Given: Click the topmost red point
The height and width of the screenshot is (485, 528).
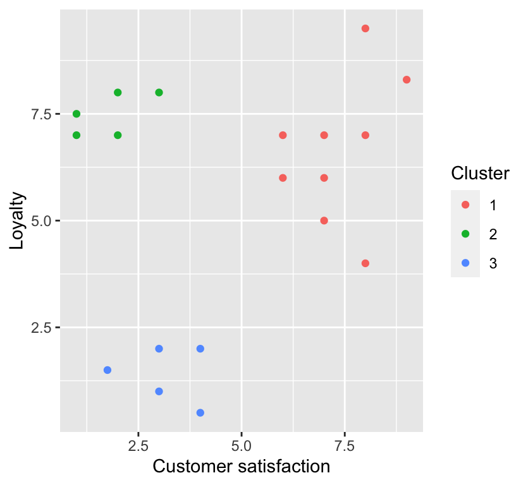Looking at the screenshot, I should point(365,28).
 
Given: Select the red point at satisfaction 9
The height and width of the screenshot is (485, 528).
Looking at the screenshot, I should point(407,80).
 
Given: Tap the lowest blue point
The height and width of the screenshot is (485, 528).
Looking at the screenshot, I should point(200,412).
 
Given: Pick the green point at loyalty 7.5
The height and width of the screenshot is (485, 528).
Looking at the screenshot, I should point(77,114).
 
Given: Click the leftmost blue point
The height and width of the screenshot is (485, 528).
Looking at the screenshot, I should point(107,370).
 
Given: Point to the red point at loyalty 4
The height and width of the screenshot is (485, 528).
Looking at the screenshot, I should point(365,263).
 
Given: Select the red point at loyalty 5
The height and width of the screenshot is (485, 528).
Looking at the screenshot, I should point(324,220).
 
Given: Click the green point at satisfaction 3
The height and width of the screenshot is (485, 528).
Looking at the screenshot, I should point(159,92).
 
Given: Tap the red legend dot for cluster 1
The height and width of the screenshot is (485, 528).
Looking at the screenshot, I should point(465,205).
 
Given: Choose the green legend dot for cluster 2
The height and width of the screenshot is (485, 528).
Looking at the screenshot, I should point(465,234).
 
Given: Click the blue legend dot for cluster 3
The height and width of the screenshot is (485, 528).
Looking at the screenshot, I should point(465,263).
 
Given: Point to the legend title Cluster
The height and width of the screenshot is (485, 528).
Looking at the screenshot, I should point(480,174).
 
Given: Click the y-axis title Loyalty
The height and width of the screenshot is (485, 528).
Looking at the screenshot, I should point(17,220).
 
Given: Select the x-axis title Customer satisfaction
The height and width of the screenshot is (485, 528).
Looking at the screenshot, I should point(242,467).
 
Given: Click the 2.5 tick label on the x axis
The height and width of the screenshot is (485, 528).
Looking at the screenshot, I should point(138,445).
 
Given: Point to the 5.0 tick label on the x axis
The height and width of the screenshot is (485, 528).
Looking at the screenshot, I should point(242,445).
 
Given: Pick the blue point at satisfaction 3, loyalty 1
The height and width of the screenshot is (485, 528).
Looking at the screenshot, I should point(159,392).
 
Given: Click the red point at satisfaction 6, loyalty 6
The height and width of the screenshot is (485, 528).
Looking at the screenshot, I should point(283,177).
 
